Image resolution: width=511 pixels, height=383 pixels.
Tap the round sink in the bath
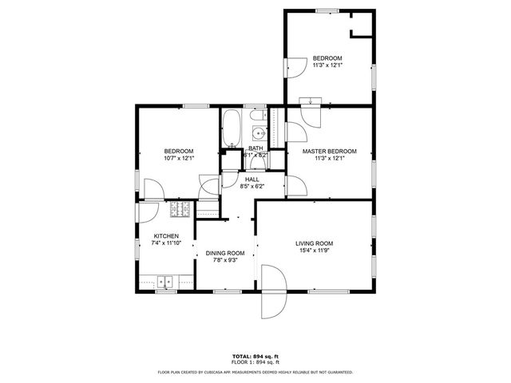259,133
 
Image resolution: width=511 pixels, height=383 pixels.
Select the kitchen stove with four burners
179,210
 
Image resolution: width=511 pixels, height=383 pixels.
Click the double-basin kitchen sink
167,282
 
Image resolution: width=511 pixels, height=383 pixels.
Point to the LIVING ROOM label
314,243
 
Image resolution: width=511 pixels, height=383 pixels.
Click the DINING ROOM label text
224,253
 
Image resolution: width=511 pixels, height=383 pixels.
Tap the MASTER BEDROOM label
329,151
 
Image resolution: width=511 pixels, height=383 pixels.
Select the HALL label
252,180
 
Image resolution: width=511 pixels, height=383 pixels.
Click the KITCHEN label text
166,236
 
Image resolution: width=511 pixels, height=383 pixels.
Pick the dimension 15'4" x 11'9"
314,251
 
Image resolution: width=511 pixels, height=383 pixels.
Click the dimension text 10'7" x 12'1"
179,159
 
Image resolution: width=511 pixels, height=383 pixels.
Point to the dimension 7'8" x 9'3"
224,260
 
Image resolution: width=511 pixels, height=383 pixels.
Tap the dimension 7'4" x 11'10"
166,243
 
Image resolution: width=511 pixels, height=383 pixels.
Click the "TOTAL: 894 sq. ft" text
255,355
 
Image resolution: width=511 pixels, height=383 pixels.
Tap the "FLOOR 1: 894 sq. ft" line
255,362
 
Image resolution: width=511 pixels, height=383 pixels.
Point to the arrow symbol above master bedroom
309,101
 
